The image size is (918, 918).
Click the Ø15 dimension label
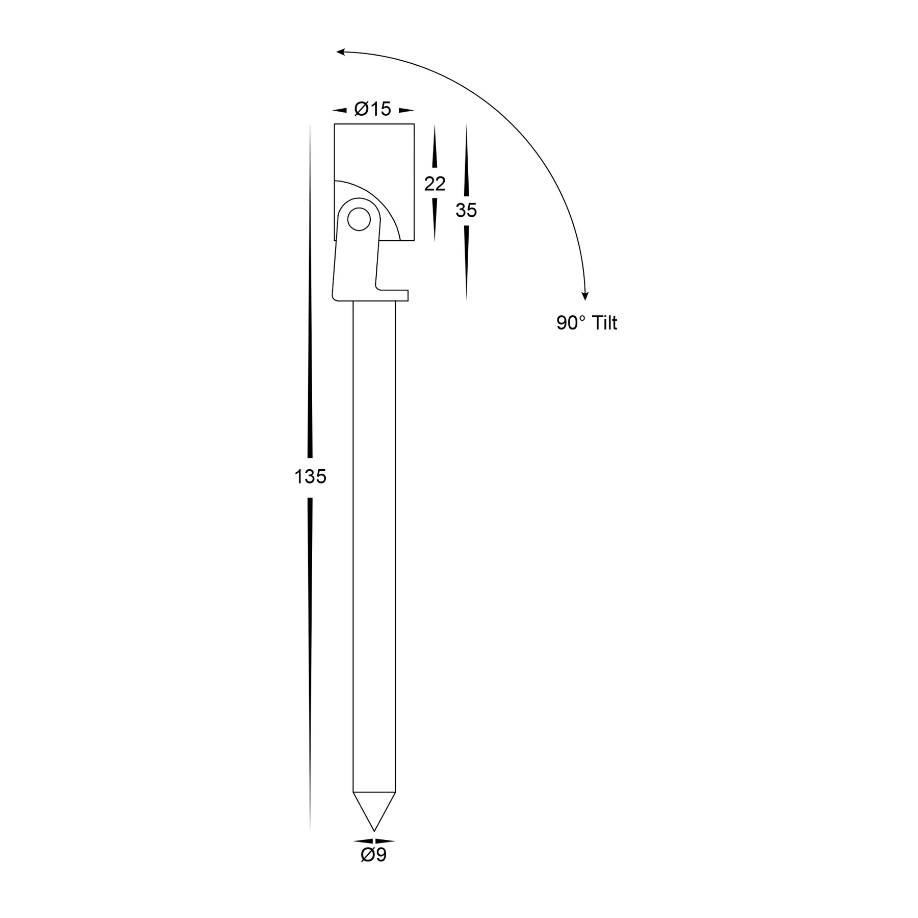click(x=372, y=109)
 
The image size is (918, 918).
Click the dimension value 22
click(x=435, y=184)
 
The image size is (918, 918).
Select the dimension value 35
click(x=466, y=210)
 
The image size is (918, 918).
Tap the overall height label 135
click(x=310, y=477)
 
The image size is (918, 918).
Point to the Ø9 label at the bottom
click(x=374, y=855)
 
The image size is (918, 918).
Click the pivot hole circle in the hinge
click(x=359, y=219)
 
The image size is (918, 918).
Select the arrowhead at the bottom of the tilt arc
click(x=585, y=296)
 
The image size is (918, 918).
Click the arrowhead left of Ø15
click(x=340, y=110)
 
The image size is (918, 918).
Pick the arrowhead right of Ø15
click(x=406, y=110)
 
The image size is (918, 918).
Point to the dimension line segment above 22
click(x=435, y=148)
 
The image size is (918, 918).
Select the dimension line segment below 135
click(x=310, y=663)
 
